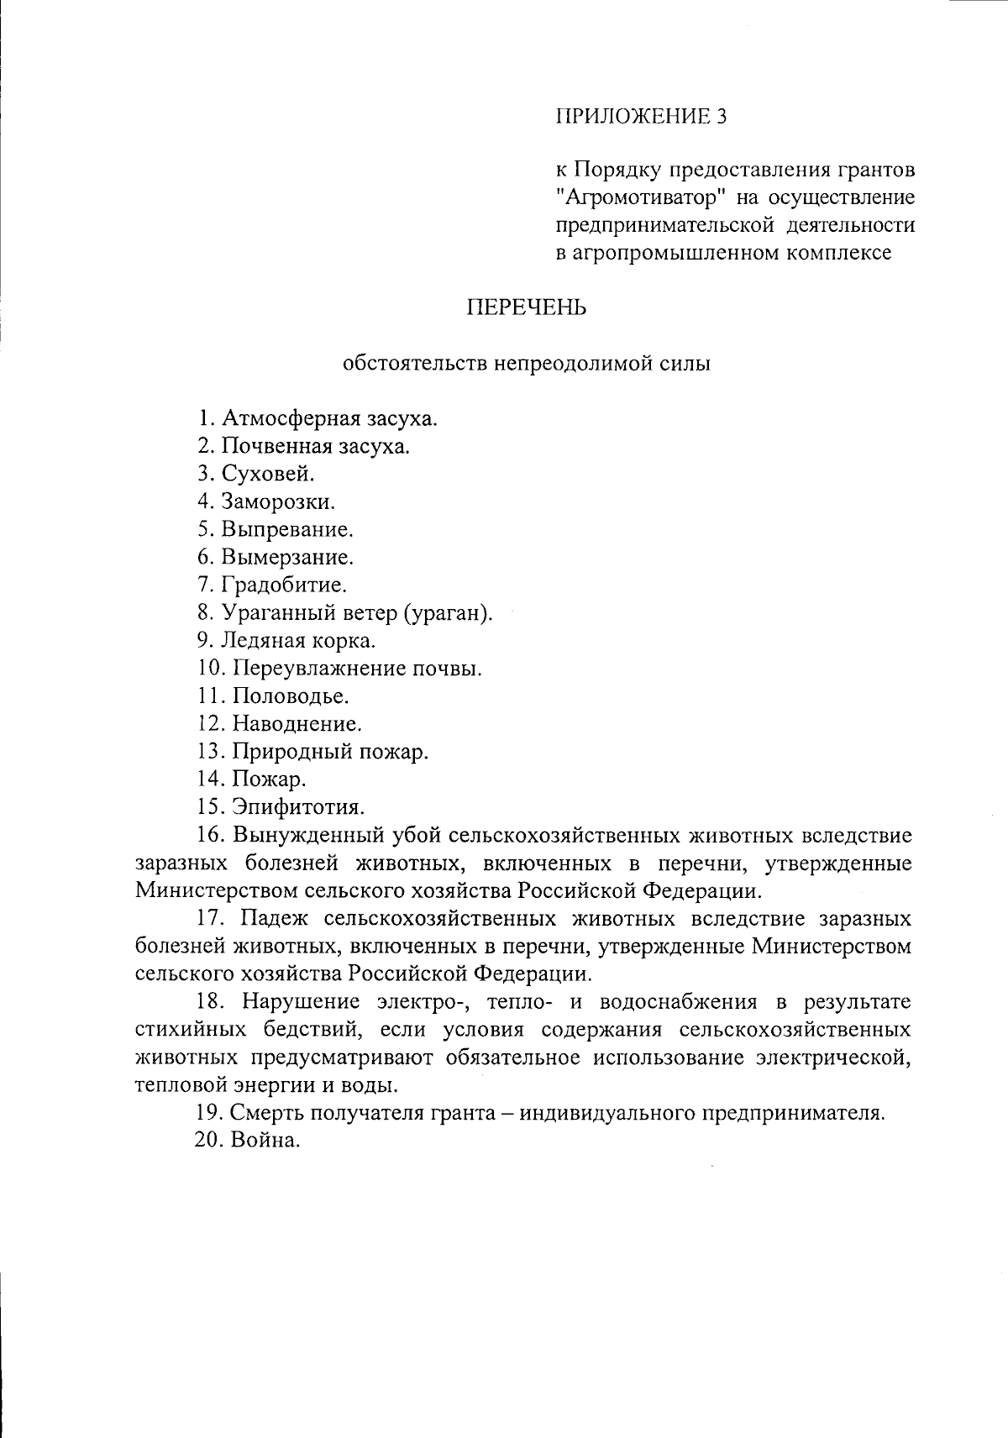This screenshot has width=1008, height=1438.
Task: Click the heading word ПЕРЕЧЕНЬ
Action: point(527,308)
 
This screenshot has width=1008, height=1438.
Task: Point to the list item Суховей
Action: point(268,475)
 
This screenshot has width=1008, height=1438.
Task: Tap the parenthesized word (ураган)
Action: point(448,613)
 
